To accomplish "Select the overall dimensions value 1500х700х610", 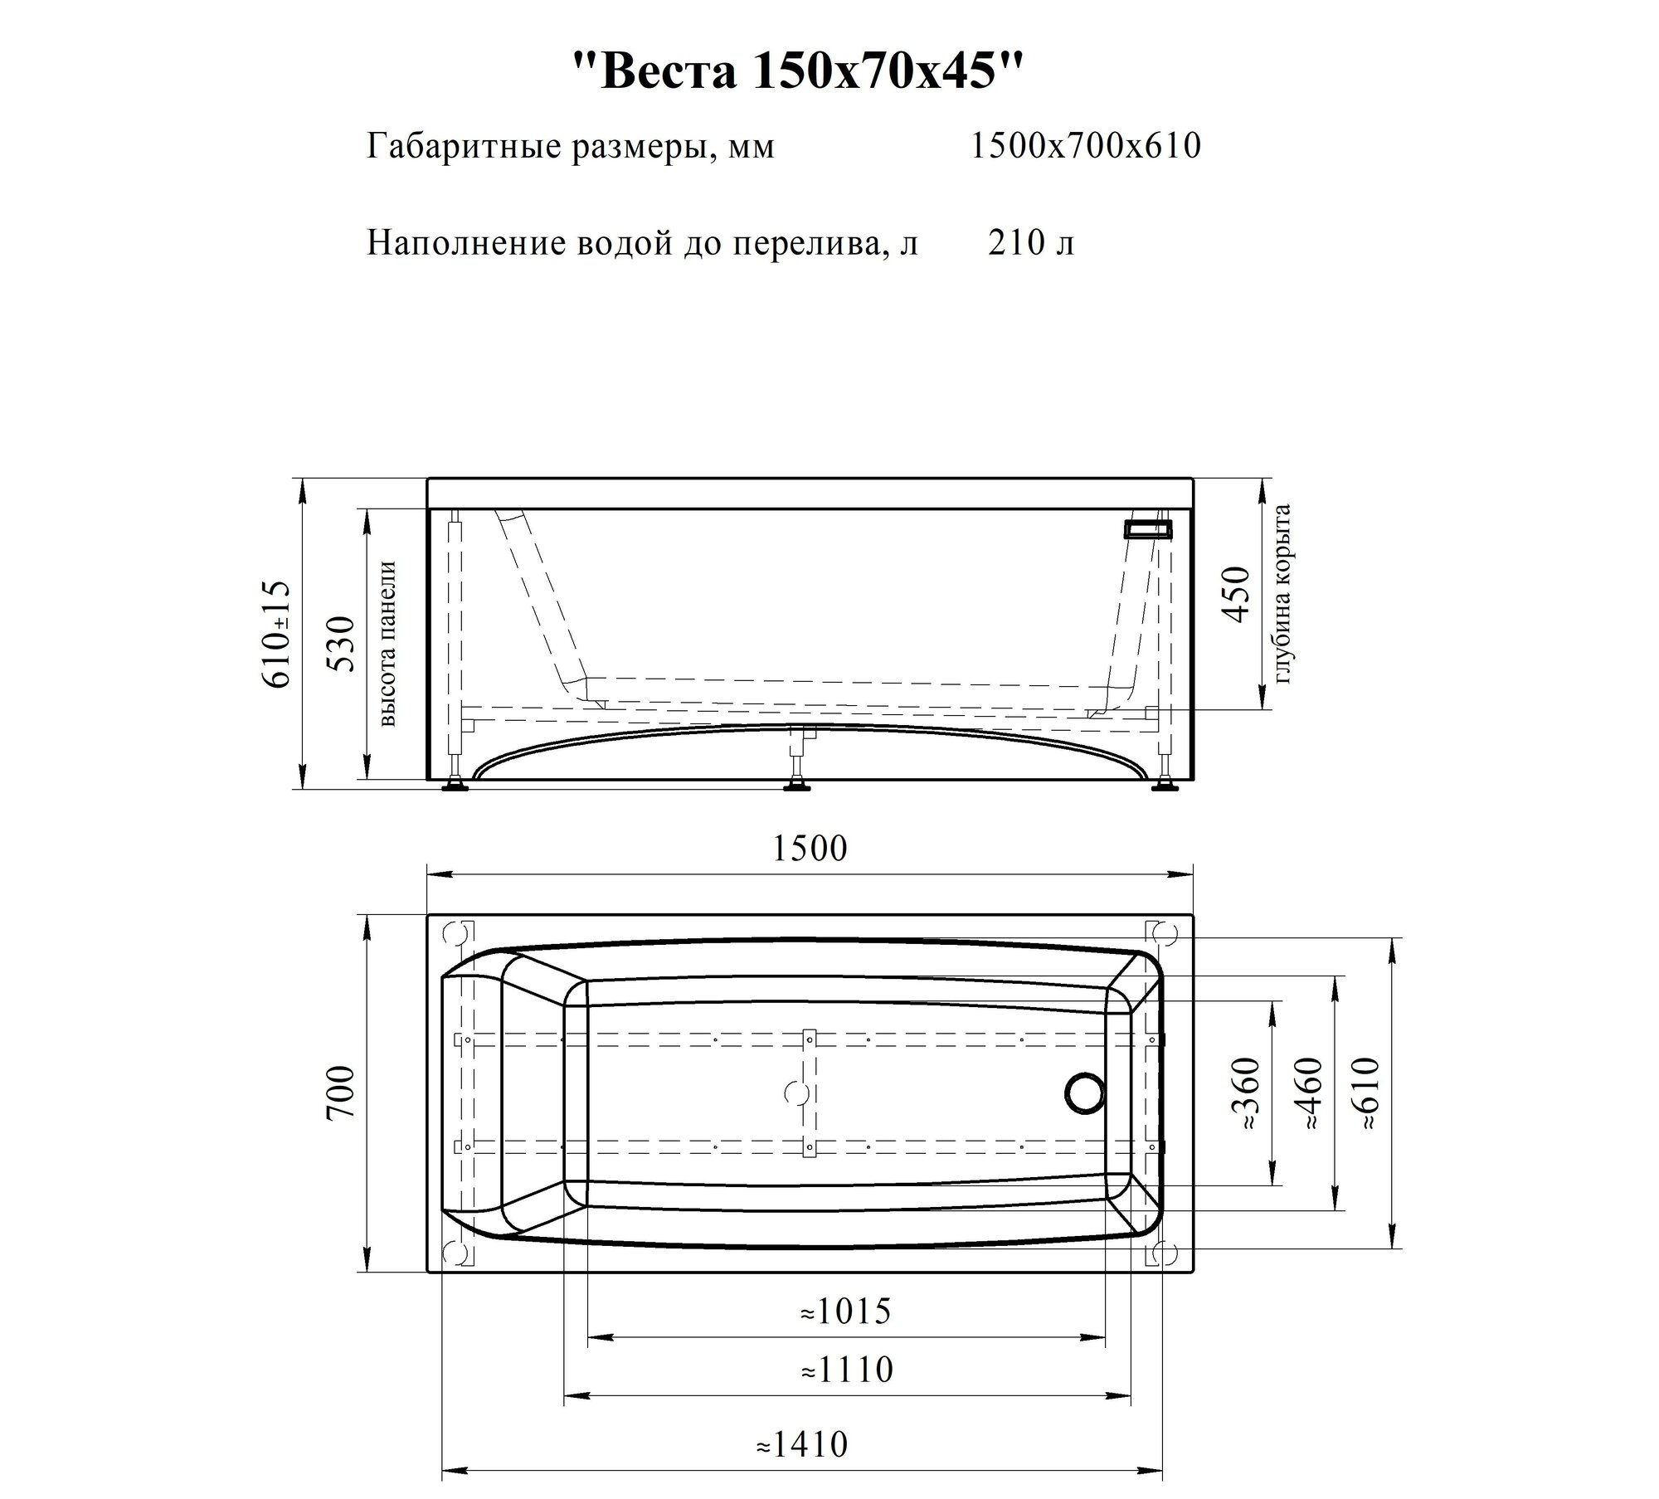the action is pyautogui.click(x=1085, y=147).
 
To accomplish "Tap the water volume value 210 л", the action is pyautogui.click(x=1031, y=243).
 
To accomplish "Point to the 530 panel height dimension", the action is pyautogui.click(x=343, y=643).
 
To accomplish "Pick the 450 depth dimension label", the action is pyautogui.click(x=1236, y=594).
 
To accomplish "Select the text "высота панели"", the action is pyautogui.click(x=387, y=644).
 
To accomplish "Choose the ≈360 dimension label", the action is pyautogui.click(x=1247, y=1093).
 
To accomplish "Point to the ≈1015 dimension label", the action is pyautogui.click(x=845, y=1312).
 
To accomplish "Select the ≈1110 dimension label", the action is pyautogui.click(x=847, y=1370).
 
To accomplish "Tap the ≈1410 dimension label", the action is pyautogui.click(x=802, y=1444).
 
